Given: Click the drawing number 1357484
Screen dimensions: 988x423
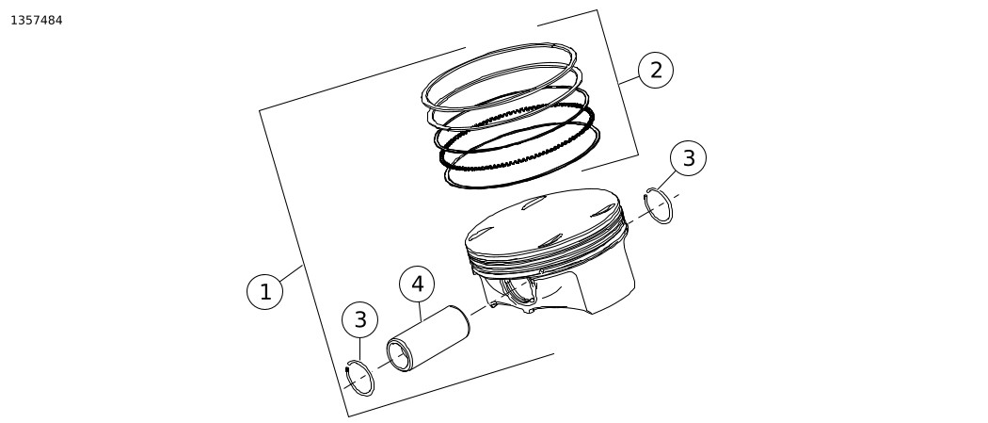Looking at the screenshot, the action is click(x=37, y=20).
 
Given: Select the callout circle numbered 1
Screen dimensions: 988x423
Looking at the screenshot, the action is click(x=265, y=292).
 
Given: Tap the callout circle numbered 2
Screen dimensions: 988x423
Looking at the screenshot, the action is click(x=656, y=70).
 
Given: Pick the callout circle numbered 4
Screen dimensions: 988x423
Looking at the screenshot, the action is click(x=417, y=285).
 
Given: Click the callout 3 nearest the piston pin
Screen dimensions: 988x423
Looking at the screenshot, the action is click(x=359, y=319).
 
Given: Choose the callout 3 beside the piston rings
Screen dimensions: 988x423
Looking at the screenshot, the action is click(x=688, y=157).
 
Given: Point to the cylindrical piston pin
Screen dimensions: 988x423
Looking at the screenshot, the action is click(x=428, y=338).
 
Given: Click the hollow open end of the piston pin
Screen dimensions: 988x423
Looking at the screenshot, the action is click(x=399, y=355).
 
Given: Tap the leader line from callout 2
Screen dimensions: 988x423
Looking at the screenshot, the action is click(x=629, y=81).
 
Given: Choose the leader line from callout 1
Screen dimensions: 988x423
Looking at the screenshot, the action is click(x=291, y=273).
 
